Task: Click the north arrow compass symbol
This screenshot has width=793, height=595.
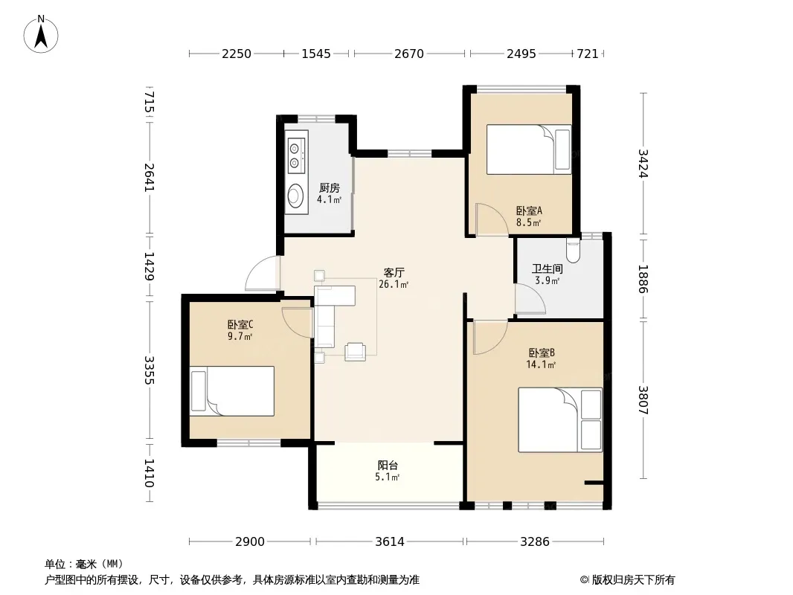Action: pos(41,34)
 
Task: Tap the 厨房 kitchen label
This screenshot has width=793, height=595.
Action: pos(330,188)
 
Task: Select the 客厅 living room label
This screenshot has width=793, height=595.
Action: pos(394,273)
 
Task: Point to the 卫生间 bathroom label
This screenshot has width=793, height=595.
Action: pos(548,269)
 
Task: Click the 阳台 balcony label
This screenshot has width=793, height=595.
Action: pos(388,465)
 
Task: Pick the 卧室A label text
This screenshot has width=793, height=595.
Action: pos(529,210)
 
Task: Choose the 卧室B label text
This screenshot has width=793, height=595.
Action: pos(542,353)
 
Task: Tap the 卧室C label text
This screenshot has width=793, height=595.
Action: pos(240,324)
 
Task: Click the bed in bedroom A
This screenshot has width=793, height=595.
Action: pos(529,149)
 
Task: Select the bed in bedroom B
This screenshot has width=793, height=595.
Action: pos(560,419)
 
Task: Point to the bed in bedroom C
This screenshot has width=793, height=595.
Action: pos(231,391)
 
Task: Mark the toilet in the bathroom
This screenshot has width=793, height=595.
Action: pos(573,250)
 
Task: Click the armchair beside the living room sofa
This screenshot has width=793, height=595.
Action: pos(355,351)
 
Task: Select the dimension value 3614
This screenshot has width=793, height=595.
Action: pos(390,542)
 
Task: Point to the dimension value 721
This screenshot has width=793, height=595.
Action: pos(588,54)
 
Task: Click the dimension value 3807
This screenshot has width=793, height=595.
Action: pos(643,400)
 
